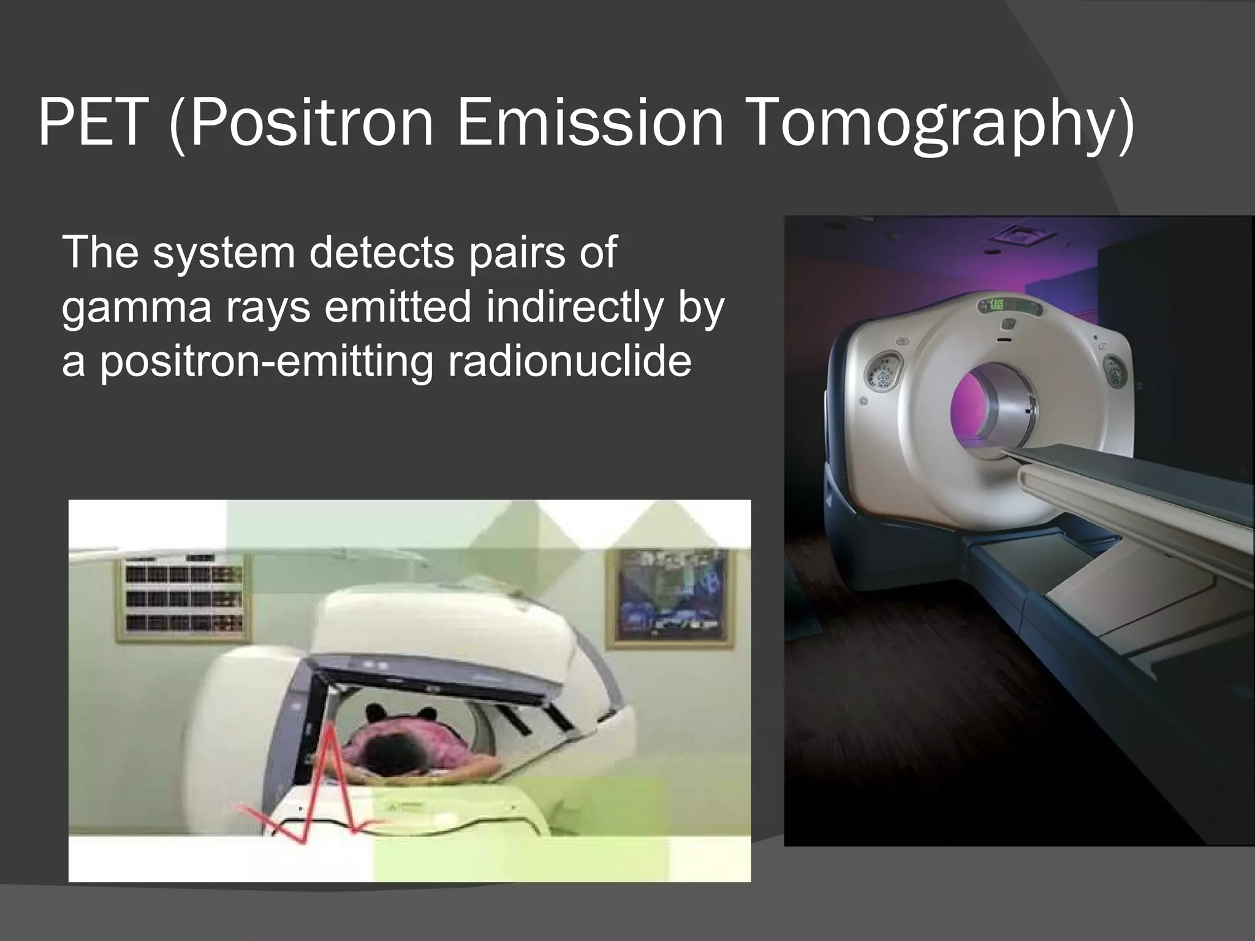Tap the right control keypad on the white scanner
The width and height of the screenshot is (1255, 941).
(x=1113, y=370)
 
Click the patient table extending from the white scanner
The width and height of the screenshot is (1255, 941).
(x=1134, y=484)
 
